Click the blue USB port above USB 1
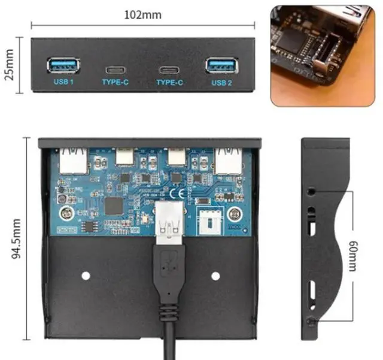pos(63,65)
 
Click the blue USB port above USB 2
pos(221,65)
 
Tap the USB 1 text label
pos(63,82)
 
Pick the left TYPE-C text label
pos(115,82)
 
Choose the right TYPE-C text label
pos(169,82)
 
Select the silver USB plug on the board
pos(169,222)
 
